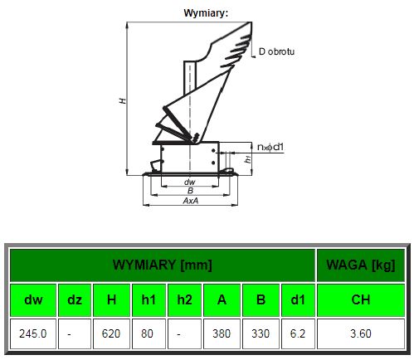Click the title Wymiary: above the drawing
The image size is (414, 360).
tap(206, 13)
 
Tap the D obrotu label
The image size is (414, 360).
tap(276, 51)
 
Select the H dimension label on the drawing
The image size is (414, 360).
tap(123, 100)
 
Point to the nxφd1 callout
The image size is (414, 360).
tap(270, 147)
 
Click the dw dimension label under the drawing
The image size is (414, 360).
tap(190, 182)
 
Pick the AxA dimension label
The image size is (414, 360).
tap(191, 201)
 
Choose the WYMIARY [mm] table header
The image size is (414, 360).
tap(163, 265)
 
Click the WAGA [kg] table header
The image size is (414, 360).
tap(361, 265)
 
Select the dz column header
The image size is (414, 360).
tap(75, 300)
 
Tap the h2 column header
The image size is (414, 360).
tap(184, 300)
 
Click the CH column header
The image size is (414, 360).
tap(361, 300)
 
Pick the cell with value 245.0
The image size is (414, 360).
tap(33, 333)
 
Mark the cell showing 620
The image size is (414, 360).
tap(111, 333)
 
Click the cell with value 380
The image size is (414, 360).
tap(222, 333)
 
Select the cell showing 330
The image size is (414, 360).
tap(261, 333)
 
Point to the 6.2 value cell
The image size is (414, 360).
tap(298, 333)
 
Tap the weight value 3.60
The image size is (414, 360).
tap(361, 333)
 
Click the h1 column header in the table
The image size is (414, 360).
tap(149, 300)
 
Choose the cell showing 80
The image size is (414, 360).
tap(149, 333)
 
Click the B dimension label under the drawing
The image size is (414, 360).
tap(190, 191)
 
